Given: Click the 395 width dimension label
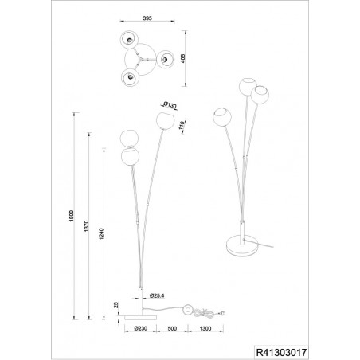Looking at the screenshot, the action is click(x=147, y=18).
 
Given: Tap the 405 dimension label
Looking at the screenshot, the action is click(x=183, y=58).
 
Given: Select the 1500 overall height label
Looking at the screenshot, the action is click(x=71, y=216).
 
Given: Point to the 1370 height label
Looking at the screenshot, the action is click(x=86, y=226).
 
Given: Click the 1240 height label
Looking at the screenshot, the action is click(x=101, y=234).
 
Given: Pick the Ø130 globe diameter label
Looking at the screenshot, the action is click(x=170, y=105).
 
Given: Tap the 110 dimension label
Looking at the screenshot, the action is click(x=182, y=125).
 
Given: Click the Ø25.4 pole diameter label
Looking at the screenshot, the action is click(x=157, y=295).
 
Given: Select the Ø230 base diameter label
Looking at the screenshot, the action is click(x=141, y=328).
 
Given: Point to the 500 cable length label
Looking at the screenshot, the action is click(x=172, y=328).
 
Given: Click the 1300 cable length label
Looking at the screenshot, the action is click(x=205, y=328).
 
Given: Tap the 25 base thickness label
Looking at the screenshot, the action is click(x=116, y=305).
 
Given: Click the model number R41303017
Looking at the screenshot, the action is click(x=281, y=353).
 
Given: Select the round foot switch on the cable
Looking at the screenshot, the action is click(x=189, y=309).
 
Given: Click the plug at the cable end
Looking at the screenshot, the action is click(x=222, y=314).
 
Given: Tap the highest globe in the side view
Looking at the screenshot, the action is click(x=165, y=121).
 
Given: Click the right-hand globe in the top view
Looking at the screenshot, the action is click(x=165, y=59).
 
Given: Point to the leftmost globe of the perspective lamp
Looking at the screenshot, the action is click(x=222, y=117).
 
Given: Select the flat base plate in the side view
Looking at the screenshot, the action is click(x=140, y=318).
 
